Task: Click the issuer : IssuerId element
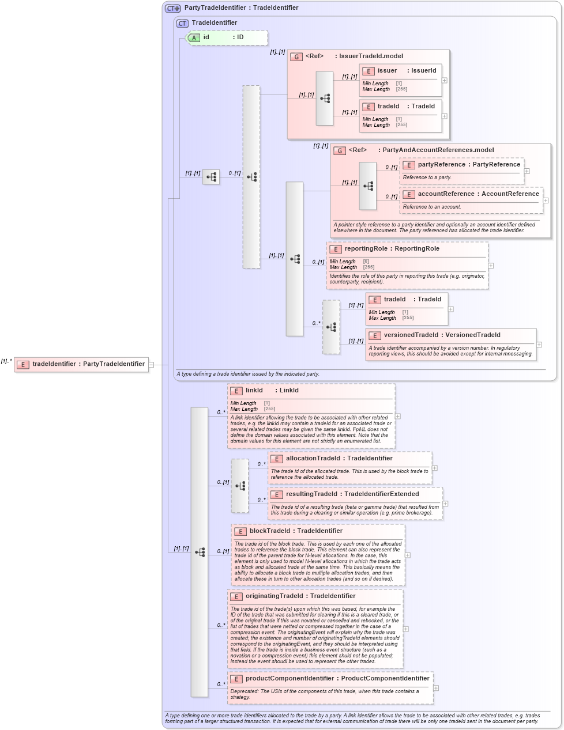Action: pos(400,71)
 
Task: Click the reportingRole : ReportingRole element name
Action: pos(392,249)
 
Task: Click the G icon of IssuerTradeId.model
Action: pos(296,56)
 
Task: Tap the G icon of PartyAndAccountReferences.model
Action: pos(340,150)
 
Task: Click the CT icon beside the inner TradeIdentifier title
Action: pos(182,23)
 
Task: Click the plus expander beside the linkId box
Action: pos(397,416)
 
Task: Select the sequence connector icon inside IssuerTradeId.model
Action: pos(325,99)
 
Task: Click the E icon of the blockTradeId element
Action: pos(240,531)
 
